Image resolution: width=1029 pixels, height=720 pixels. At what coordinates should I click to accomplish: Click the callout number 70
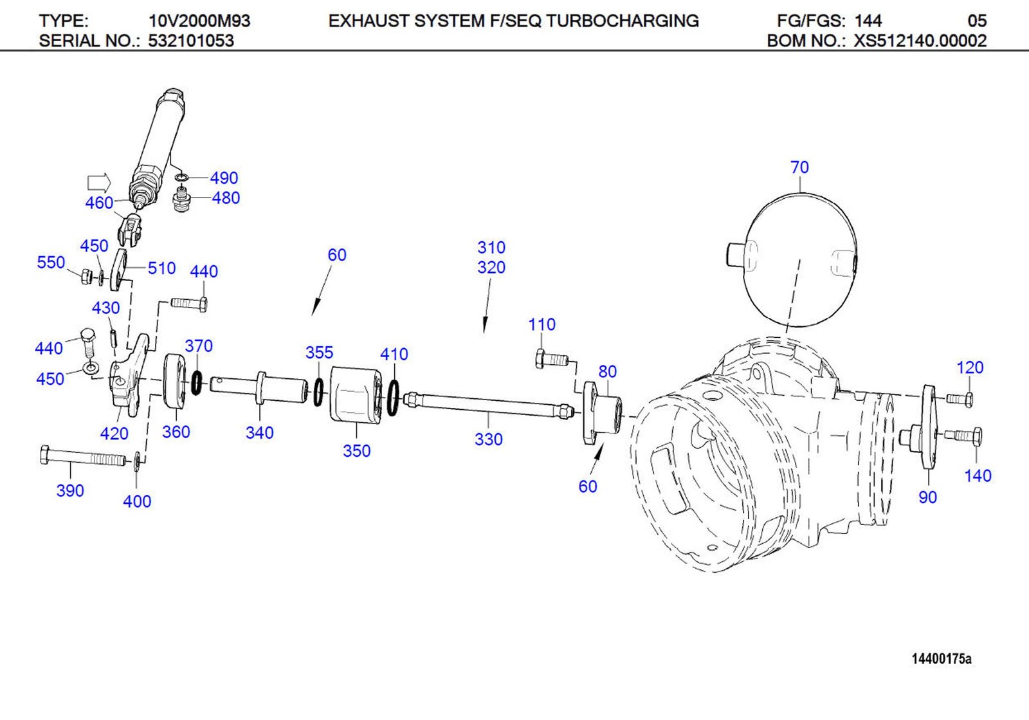coord(799,167)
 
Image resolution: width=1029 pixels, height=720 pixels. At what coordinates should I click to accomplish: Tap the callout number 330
coord(488,439)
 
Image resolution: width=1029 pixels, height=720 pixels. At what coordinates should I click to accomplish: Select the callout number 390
coord(70,491)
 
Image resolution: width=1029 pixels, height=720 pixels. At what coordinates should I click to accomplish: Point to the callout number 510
coord(161,268)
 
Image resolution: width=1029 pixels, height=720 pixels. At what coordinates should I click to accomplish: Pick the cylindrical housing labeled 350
coord(355,395)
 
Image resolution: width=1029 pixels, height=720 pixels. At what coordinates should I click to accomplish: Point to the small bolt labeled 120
coord(960,400)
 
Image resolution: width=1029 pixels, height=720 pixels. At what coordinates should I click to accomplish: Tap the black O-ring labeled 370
coord(197,383)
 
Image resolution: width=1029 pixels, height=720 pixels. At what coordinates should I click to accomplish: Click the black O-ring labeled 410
coord(393,398)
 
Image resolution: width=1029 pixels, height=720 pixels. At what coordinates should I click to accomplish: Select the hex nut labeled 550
coord(86,277)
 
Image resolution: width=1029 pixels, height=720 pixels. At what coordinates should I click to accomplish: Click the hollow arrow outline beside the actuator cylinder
coord(98,182)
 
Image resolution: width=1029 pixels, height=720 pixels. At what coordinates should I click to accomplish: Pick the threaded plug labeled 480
coord(183,199)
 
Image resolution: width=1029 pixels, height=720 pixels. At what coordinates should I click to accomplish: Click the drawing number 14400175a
coord(941,659)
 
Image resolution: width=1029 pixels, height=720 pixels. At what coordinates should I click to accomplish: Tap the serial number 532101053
coord(191,41)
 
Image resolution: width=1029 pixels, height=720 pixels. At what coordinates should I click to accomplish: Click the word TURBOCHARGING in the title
coord(622,21)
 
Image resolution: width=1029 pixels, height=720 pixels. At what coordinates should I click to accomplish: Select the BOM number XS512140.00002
coord(920,41)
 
